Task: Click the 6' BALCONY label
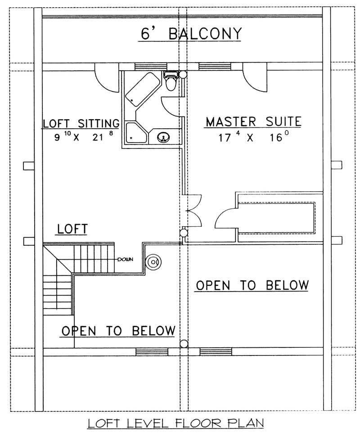tap(190, 34)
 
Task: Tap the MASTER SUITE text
tap(253, 121)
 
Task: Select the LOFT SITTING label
tap(81, 123)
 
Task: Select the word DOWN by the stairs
tap(125, 260)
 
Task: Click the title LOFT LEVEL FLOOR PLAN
tap(175, 423)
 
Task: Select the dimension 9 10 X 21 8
tap(81, 137)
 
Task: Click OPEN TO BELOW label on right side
tap(252, 285)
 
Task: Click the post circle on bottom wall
tap(184, 344)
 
